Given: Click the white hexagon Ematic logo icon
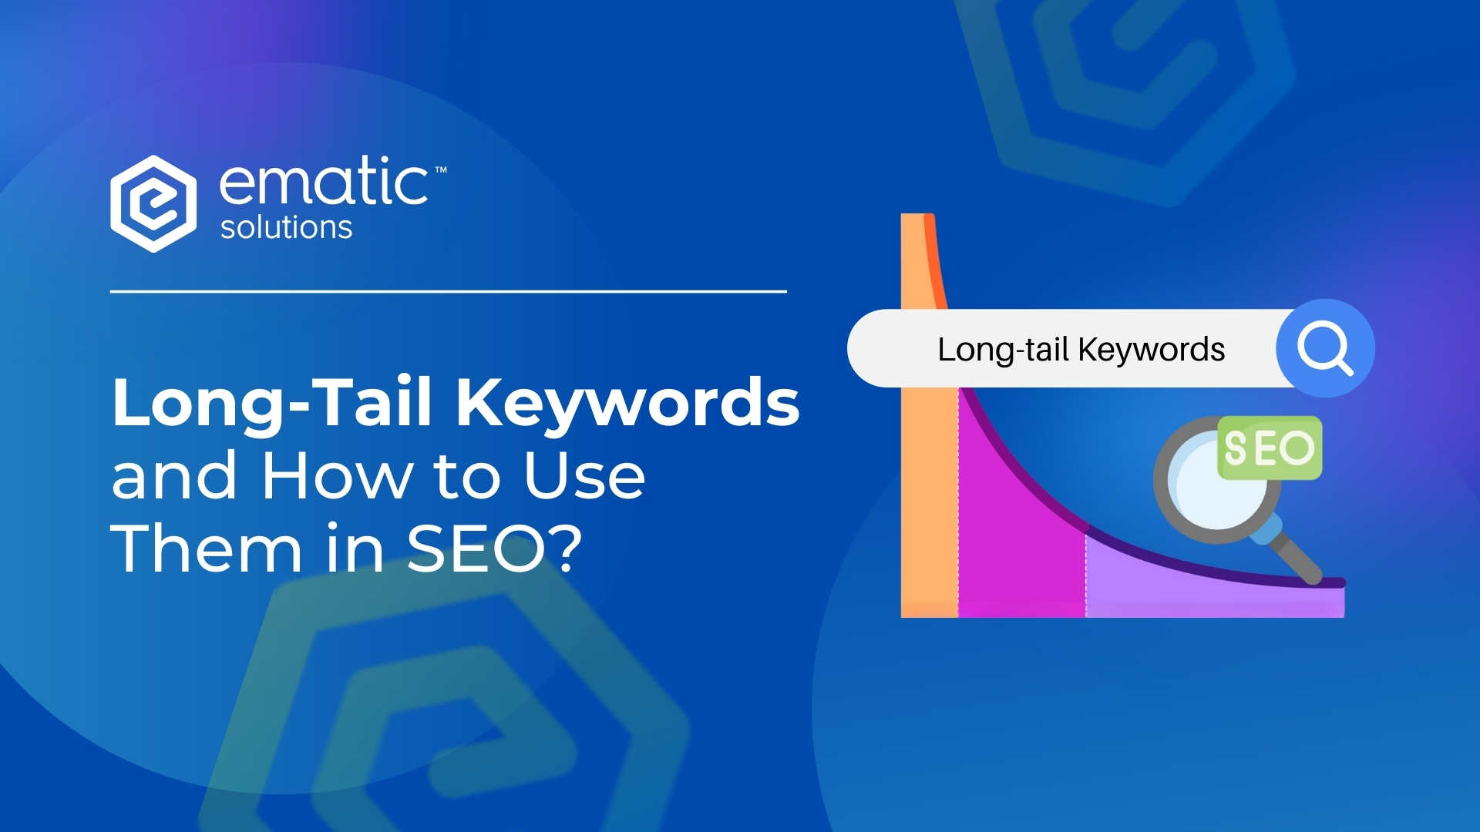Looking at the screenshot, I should pyautogui.click(x=153, y=203).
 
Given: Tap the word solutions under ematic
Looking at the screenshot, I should pyautogui.click(x=286, y=228).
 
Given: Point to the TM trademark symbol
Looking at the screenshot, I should pyautogui.click(x=441, y=169).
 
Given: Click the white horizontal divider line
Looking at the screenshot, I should pyautogui.click(x=448, y=291).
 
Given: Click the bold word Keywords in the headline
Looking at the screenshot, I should pyautogui.click(x=627, y=402).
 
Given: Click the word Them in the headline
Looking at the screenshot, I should pyautogui.click(x=207, y=549).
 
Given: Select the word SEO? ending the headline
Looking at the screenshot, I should pyautogui.click(x=493, y=549).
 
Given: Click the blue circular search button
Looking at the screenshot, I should pyautogui.click(x=1325, y=348).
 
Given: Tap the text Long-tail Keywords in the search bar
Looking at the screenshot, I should pyautogui.click(x=1081, y=349).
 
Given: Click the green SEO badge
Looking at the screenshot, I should pyautogui.click(x=1270, y=448).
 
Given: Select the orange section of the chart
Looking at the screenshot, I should pyautogui.click(x=929, y=501).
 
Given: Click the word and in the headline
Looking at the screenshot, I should pyautogui.click(x=173, y=475).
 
